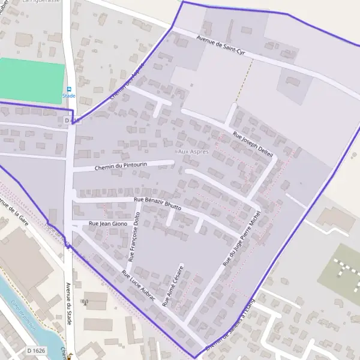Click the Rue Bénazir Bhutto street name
coord(157,202)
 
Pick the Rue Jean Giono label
coord(108,224)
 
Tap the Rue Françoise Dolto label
coord(134,236)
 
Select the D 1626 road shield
coord(36,350)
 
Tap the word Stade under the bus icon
coord(69,95)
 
